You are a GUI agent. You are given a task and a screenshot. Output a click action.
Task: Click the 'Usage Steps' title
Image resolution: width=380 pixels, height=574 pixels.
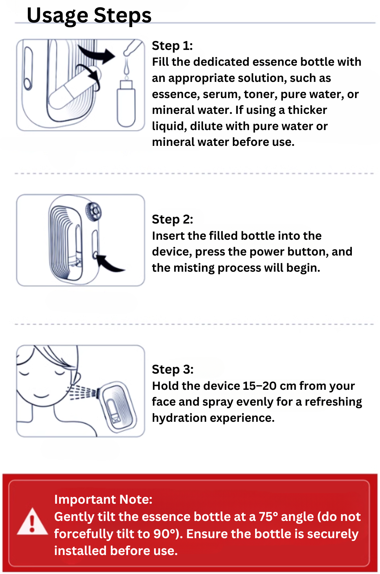(89, 15)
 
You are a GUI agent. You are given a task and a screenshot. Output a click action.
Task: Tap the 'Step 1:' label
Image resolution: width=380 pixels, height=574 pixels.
(172, 46)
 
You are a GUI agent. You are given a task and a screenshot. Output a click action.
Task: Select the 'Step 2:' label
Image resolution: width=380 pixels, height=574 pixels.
(172, 219)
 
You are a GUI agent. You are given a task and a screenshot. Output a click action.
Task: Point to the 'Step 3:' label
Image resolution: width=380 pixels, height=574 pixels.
(173, 369)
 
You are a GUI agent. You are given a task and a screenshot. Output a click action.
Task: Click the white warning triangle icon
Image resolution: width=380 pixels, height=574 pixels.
(32, 522)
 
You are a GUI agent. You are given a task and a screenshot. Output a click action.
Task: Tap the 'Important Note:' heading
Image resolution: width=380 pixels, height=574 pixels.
(103, 499)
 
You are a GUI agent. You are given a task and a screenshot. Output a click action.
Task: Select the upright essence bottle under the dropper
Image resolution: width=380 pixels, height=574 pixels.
(126, 104)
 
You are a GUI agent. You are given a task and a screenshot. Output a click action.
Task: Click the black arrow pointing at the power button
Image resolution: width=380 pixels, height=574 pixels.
(112, 264)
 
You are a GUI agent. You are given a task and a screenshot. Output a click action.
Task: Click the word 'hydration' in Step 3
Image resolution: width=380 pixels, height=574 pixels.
(179, 418)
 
